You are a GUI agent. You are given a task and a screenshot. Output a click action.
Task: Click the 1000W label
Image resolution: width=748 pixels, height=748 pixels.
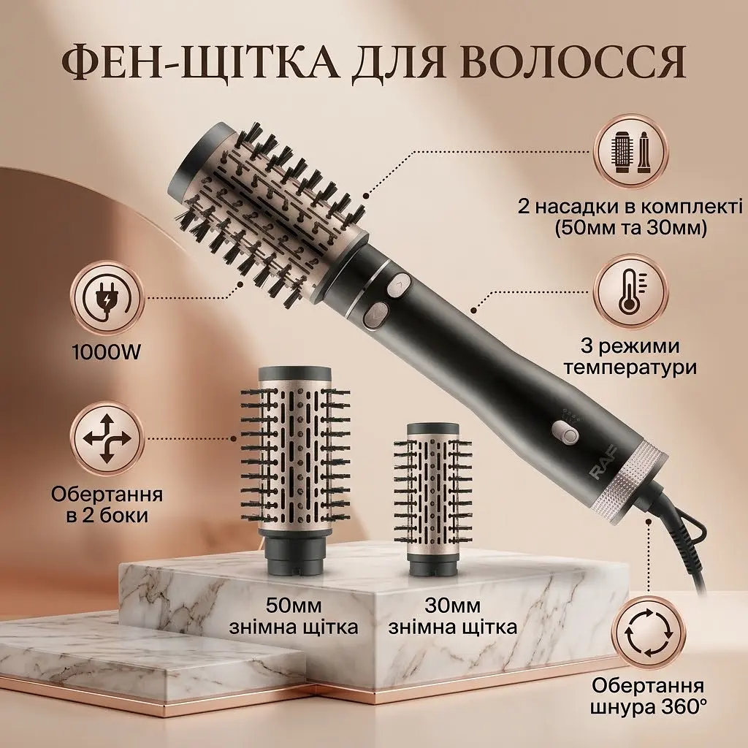coord(106,353)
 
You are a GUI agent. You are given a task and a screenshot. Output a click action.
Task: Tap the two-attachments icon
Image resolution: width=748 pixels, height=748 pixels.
coord(630,152)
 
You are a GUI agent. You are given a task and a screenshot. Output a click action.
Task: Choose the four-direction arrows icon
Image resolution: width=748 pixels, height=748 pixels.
coord(107,439)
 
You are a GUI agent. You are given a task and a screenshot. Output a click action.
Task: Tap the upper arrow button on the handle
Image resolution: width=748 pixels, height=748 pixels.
coord(398,286)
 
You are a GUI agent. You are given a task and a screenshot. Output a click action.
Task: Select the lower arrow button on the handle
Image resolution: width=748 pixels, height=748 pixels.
coord(376,315)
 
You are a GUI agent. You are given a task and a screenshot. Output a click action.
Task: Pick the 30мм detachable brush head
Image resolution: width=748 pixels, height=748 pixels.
coord(432,493)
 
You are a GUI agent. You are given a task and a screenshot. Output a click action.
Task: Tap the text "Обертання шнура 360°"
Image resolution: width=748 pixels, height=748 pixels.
coord(648,696)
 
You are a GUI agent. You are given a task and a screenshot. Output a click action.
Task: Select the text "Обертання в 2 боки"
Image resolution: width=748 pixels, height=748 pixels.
coord(107,504)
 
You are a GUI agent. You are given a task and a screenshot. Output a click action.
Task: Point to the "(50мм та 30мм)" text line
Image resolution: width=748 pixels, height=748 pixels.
coord(630,228)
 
